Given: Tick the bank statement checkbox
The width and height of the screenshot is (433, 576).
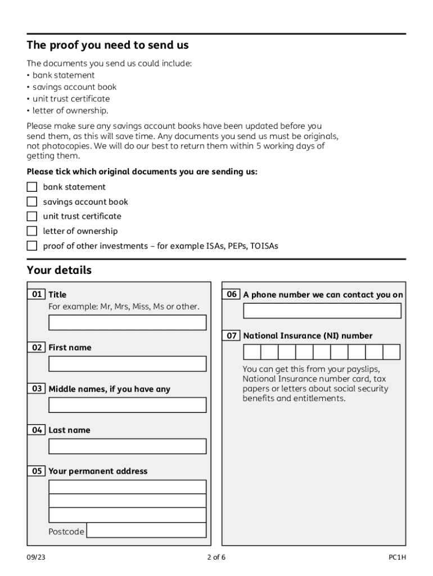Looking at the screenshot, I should (x=32, y=187).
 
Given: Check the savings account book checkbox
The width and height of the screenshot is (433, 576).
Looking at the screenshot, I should (x=32, y=201).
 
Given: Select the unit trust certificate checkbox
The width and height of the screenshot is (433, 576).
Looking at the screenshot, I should (x=32, y=216).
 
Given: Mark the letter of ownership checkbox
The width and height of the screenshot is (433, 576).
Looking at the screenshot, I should (x=32, y=231).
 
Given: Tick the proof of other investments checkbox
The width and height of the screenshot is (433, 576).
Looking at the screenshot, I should (x=32, y=246).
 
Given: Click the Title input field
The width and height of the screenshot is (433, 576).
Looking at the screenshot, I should (x=127, y=322).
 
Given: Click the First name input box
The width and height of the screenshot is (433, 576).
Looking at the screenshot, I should (x=127, y=364).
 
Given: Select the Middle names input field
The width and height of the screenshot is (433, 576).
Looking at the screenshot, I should (x=127, y=405).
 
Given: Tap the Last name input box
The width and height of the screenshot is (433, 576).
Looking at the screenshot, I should (x=127, y=446).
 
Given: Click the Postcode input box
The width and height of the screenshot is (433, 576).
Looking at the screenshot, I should (x=146, y=530).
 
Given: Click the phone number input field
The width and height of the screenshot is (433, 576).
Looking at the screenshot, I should (x=322, y=310).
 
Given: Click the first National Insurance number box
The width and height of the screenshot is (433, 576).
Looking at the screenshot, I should (x=251, y=352).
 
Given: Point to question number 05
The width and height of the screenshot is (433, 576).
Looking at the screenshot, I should (x=37, y=471).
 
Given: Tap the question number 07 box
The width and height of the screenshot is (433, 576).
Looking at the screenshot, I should (x=232, y=336).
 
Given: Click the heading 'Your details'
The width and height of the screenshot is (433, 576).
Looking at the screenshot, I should (x=59, y=271).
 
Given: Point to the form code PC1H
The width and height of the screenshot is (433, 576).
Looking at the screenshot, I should (x=397, y=557).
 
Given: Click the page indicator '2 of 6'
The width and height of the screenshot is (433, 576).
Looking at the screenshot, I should (x=216, y=557).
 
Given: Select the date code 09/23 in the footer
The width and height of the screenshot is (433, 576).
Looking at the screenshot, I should (x=35, y=557).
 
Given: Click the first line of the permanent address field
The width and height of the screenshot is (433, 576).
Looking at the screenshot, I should (x=127, y=487).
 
